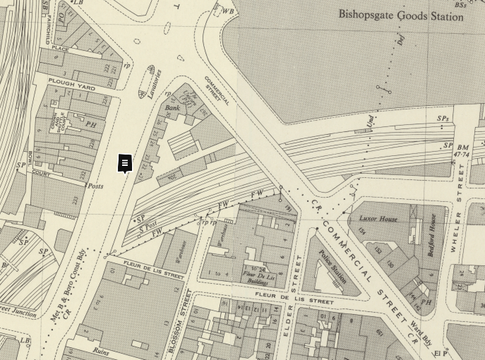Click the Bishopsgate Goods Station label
(400, 15)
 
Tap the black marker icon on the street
(124, 164)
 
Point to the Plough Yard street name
(72, 85)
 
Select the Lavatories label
(155, 84)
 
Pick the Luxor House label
(378, 219)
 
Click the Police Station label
(332, 266)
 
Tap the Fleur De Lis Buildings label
(259, 276)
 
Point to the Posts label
(95, 186)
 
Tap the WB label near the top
(227, 11)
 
